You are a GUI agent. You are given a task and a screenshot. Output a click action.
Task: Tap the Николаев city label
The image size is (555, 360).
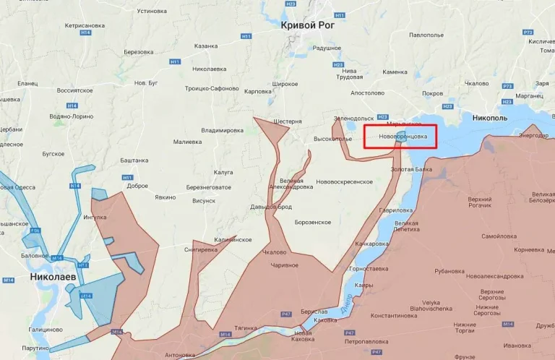coord(54,276)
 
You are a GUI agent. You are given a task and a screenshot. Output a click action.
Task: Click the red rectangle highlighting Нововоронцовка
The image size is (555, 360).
coord(400,136)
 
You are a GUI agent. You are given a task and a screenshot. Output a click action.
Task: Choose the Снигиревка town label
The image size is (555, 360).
coord(201,249)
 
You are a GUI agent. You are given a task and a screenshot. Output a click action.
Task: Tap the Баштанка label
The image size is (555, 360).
coord(134,159)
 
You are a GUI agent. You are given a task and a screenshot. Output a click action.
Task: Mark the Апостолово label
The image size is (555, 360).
coord(367,93)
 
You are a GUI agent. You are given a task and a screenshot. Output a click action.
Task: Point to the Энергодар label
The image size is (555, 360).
coord(533,135)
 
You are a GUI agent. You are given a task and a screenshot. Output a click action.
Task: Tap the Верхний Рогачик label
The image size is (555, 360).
coord(485,203)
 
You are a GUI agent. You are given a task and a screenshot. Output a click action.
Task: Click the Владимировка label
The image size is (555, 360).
coord(222,130)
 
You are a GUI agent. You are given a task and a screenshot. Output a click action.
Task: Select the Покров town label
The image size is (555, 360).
coord(432,93)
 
